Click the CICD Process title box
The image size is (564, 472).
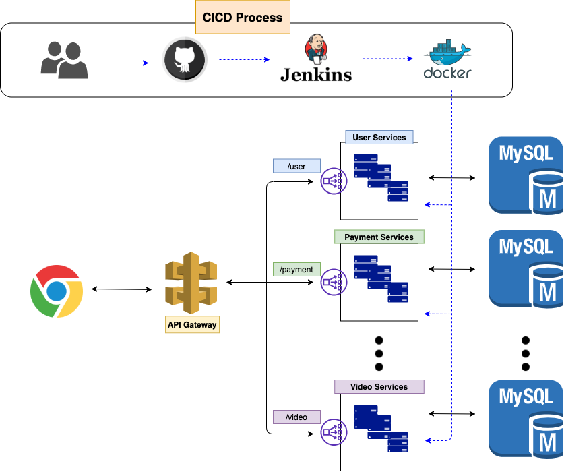pyautogui.click(x=243, y=17)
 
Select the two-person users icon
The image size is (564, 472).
pyautogui.click(x=64, y=60)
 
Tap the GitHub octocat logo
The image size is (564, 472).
pyautogui.click(x=185, y=60)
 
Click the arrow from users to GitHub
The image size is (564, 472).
pyautogui.click(x=125, y=63)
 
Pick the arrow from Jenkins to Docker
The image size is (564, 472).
pyautogui.click(x=387, y=59)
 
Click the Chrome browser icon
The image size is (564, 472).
pyautogui.click(x=57, y=291)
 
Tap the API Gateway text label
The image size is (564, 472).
pyautogui.click(x=192, y=325)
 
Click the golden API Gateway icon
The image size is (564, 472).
pyautogui.click(x=191, y=283)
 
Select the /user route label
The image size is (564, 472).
pyautogui.click(x=296, y=167)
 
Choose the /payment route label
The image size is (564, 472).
pyautogui.click(x=296, y=270)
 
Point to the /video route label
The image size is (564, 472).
pyautogui.click(x=296, y=417)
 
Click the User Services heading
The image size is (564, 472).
pyautogui.click(x=379, y=138)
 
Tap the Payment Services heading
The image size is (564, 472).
pyautogui.click(x=379, y=237)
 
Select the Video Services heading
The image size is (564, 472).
pyautogui.click(x=379, y=387)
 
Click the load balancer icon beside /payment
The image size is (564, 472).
pyautogui.click(x=334, y=281)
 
